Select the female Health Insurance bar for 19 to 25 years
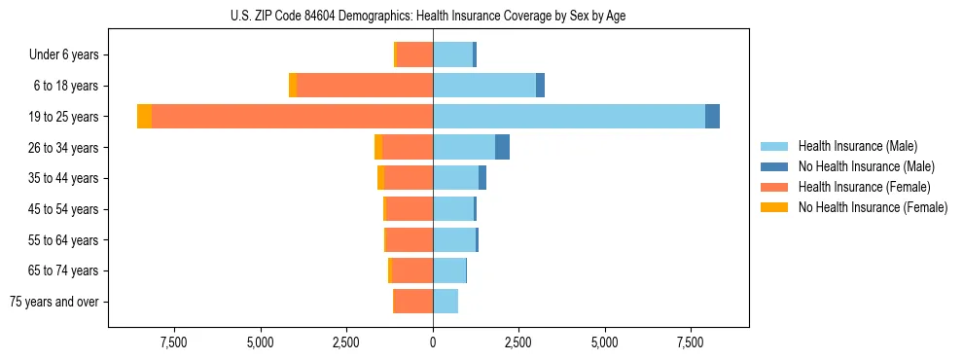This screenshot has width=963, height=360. [292, 116]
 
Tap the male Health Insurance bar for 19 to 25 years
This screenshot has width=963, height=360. [569, 116]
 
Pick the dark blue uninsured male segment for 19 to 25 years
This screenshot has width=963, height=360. [712, 116]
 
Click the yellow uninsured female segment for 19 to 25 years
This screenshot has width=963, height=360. [144, 116]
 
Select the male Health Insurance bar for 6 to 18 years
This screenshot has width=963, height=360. [484, 86]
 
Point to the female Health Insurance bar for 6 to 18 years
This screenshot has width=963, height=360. [365, 86]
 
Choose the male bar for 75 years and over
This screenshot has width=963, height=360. [446, 302]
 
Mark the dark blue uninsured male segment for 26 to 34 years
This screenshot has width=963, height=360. [502, 147]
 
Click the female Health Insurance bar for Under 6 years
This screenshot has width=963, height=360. [414, 54]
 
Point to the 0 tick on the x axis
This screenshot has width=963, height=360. [433, 342]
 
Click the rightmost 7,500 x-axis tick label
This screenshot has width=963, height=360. [690, 342]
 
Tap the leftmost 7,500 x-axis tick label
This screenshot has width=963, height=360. [175, 342]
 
